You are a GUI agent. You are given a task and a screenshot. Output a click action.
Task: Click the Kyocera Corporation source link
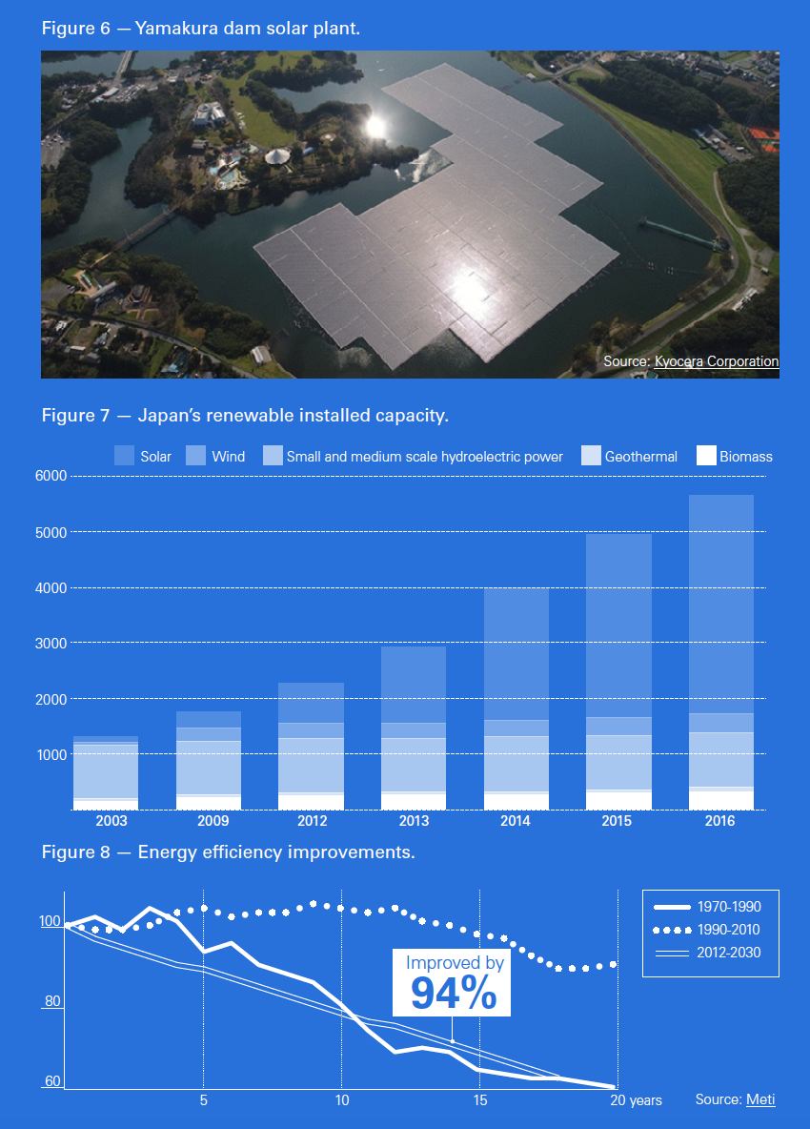point(716,361)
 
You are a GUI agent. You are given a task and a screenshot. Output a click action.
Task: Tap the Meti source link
point(760,1099)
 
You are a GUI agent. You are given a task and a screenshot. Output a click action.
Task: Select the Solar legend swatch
point(125,456)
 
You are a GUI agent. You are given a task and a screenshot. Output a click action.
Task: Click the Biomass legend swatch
point(706,456)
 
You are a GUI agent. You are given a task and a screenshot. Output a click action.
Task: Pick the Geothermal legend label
point(640,457)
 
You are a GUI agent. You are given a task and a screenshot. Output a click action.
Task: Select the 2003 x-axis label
point(106,821)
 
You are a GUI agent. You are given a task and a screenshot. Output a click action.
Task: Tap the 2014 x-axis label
point(516,821)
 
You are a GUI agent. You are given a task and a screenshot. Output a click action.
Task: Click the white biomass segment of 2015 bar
point(618,801)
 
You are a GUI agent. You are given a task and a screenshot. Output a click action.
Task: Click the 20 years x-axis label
point(636,1100)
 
